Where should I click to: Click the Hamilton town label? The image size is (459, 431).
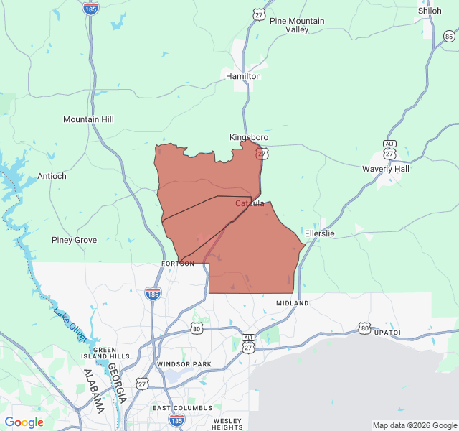pos(243,76)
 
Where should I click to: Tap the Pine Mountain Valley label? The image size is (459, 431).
pos(297,25)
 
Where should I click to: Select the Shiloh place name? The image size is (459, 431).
pos(430,11)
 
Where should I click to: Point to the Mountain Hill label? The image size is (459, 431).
pos(88,119)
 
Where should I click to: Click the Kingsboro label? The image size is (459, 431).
pos(249,137)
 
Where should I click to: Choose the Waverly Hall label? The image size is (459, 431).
pos(386,169)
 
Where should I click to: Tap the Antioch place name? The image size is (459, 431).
pos(52,176)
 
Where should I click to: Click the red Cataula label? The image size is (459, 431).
pos(250,203)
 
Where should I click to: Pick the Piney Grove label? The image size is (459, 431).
pos(74,240)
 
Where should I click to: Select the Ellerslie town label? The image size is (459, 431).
pos(320,233)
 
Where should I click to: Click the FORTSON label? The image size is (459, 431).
pos(177,264)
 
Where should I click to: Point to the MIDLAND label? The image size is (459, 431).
pos(293,303)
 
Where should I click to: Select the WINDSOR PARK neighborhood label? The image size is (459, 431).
pos(184,364)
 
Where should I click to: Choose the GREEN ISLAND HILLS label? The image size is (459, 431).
pos(110,353)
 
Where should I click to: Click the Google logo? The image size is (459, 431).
pos(24,422)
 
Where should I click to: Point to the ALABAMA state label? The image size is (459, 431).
pos(93,391)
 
